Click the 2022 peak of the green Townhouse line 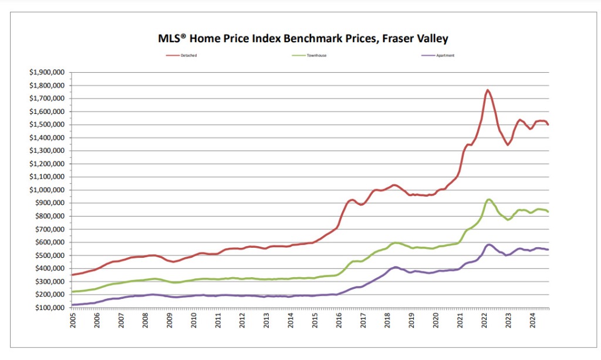pos(488,200)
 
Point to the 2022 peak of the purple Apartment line pos(488,244)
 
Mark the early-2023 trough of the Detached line pos(508,144)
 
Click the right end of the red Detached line pos(548,125)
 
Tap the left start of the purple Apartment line pos(72,305)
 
